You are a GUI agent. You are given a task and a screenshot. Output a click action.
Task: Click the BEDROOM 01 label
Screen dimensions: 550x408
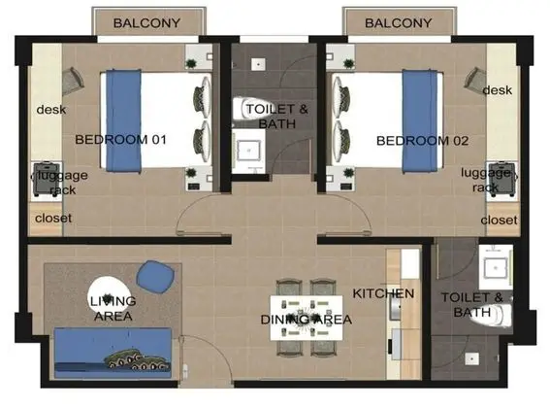(120, 140)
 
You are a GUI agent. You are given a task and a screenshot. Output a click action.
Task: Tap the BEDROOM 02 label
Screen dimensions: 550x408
(422, 141)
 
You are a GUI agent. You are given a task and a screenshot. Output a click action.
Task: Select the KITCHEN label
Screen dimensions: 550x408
(383, 293)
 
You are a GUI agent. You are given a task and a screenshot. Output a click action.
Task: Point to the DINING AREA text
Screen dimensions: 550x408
(307, 320)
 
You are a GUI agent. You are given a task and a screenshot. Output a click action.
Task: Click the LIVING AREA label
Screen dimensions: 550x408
(113, 309)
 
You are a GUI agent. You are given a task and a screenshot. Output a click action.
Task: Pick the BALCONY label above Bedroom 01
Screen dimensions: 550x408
(146, 23)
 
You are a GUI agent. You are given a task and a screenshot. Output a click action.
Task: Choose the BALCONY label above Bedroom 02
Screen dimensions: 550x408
(398, 23)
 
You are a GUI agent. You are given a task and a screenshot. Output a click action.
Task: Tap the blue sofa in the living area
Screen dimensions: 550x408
(113, 353)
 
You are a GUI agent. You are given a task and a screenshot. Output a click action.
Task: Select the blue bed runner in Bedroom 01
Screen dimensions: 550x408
(123, 120)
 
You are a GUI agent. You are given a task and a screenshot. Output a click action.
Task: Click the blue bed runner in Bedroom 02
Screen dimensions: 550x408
(419, 120)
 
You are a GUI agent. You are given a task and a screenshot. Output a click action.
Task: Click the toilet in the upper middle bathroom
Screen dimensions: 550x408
(251, 108)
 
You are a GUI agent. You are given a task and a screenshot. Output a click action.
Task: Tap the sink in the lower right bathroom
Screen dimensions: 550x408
(496, 268)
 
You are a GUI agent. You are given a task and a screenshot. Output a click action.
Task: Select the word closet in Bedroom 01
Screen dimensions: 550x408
(53, 219)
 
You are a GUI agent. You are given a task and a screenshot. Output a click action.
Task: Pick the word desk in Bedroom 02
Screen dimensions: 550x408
(498, 90)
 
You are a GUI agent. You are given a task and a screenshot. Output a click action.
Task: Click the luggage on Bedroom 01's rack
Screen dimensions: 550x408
(47, 179)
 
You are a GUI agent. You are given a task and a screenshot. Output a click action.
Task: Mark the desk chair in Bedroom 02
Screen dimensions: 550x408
(475, 79)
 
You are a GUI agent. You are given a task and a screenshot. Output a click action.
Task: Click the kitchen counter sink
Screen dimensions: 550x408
(396, 309)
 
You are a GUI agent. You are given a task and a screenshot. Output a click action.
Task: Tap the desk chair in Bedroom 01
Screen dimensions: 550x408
(73, 81)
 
